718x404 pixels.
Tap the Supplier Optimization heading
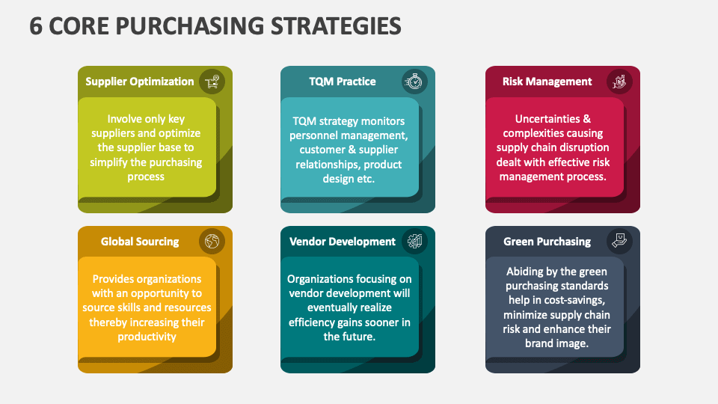(140, 82)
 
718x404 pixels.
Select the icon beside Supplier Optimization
(212, 82)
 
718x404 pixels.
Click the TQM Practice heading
(343, 82)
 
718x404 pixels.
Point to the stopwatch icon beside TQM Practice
(414, 82)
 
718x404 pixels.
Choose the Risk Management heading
(547, 82)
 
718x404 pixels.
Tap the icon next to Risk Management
(619, 82)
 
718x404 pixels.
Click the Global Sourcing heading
(140, 242)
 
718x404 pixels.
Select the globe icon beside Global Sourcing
(212, 242)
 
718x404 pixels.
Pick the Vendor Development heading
(343, 242)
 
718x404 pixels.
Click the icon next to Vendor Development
(414, 242)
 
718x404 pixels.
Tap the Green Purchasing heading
(547, 242)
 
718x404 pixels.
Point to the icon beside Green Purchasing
(619, 242)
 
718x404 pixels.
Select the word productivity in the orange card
(147, 337)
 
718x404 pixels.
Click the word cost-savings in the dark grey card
(577, 300)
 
